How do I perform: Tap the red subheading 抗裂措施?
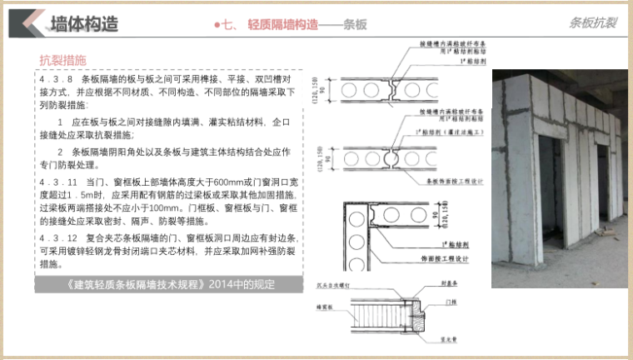point(62,60)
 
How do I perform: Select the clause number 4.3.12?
point(56,237)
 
